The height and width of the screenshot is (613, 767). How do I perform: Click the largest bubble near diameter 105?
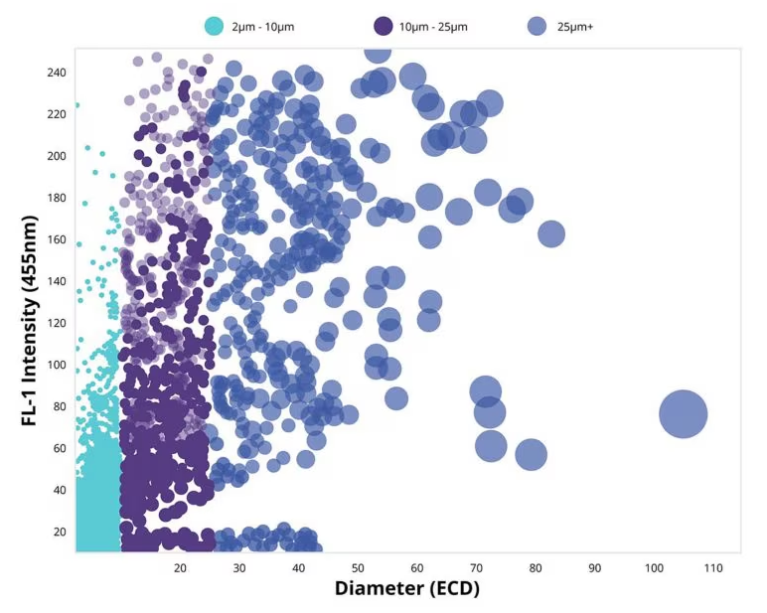tap(683, 414)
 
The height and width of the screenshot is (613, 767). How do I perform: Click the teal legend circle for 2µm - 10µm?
tap(213, 27)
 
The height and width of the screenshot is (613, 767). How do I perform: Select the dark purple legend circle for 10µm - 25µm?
tap(383, 27)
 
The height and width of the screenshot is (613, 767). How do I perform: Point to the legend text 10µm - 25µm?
tap(433, 27)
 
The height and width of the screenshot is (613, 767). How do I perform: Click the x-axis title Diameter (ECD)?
tap(406, 588)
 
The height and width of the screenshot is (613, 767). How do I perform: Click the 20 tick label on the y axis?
tap(59, 532)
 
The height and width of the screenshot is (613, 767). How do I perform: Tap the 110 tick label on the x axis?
tap(712, 567)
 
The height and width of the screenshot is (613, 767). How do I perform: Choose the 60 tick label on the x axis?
tap(416, 567)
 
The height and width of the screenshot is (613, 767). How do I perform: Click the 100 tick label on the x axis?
tap(653, 567)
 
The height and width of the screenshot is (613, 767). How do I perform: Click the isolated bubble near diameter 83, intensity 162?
tap(551, 233)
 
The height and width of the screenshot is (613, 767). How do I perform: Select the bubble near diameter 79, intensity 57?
tap(532, 454)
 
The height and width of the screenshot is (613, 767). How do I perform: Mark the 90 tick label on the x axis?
tap(594, 567)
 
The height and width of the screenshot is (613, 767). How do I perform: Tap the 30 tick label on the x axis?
tap(238, 567)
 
